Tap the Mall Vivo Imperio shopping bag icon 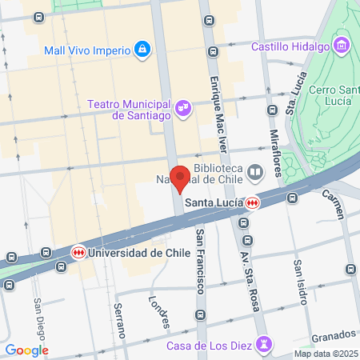142,50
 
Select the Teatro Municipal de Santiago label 130,110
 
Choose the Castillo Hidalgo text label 290,46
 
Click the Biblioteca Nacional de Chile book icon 255,172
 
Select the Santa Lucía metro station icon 253,202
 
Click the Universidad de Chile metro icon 78,252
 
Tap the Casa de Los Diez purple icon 265,345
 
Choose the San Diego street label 38,316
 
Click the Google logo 26,350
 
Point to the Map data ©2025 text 324,354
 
